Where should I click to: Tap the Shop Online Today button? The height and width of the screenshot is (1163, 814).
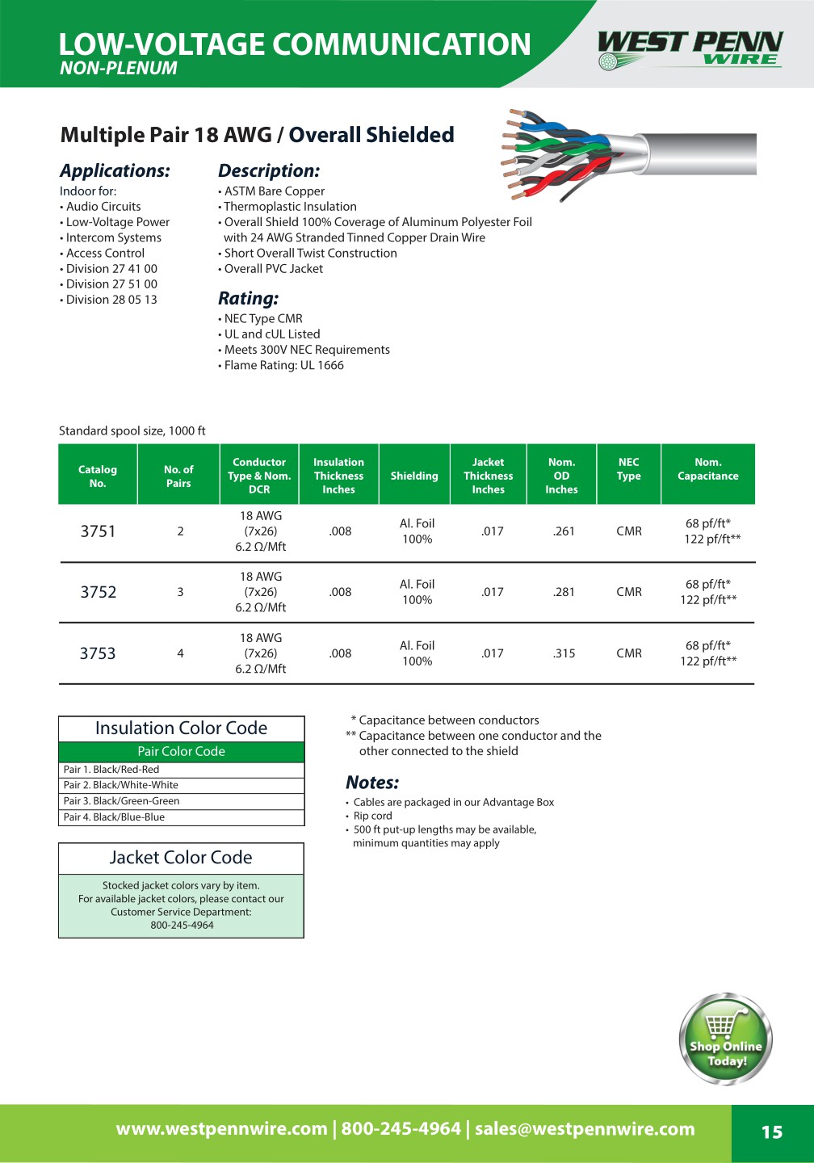[726, 1039]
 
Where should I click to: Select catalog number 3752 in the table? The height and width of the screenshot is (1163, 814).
[99, 592]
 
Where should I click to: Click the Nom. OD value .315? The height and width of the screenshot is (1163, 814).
[564, 653]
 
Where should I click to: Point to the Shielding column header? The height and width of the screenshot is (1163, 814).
[414, 476]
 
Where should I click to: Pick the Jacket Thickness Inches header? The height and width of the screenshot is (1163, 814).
[488, 476]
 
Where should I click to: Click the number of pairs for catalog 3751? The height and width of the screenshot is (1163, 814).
[180, 531]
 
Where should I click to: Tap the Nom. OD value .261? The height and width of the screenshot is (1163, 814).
[564, 531]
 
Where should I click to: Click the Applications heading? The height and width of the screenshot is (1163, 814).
[115, 170]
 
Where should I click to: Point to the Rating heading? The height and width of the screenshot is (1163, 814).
[248, 298]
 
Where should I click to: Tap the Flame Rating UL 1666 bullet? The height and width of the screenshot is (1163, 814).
[283, 365]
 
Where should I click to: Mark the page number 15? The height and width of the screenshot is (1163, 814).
[772, 1132]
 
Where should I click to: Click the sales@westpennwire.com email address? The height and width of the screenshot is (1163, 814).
[585, 1129]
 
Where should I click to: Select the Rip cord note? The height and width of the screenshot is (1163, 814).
[372, 816]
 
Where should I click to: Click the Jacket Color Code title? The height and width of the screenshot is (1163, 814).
[181, 858]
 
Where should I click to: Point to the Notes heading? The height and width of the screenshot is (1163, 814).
[372, 782]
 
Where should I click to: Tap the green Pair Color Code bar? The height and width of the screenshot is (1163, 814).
[181, 752]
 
